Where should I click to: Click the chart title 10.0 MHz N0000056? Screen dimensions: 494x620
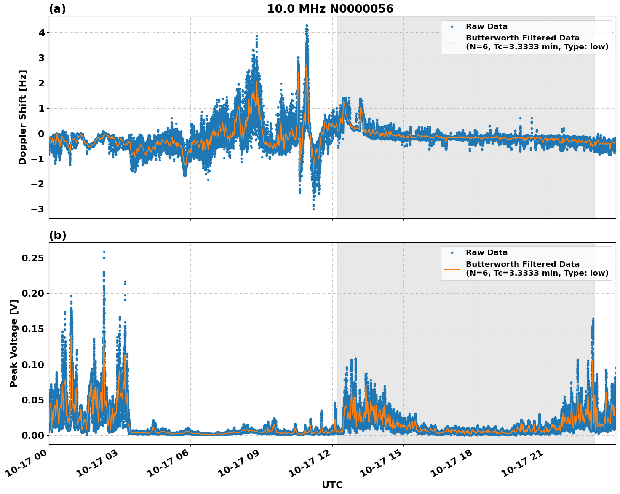point(330,9)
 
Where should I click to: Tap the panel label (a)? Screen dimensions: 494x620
point(57,9)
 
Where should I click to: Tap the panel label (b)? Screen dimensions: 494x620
point(57,235)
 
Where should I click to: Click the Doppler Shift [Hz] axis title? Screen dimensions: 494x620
point(23,117)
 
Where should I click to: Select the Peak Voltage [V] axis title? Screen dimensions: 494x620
point(14,344)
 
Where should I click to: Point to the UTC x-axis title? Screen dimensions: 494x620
point(332,485)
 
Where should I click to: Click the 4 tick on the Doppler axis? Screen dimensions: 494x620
point(41,32)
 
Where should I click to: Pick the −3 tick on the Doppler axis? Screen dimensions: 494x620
point(38,209)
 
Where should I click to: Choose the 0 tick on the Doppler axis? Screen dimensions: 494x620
point(41,134)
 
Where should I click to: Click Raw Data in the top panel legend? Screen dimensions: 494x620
point(486,27)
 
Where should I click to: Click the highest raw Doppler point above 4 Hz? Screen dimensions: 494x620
point(307,25)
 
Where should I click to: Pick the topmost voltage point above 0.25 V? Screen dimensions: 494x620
point(104,252)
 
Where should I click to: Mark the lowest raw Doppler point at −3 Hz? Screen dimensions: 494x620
point(313,209)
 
